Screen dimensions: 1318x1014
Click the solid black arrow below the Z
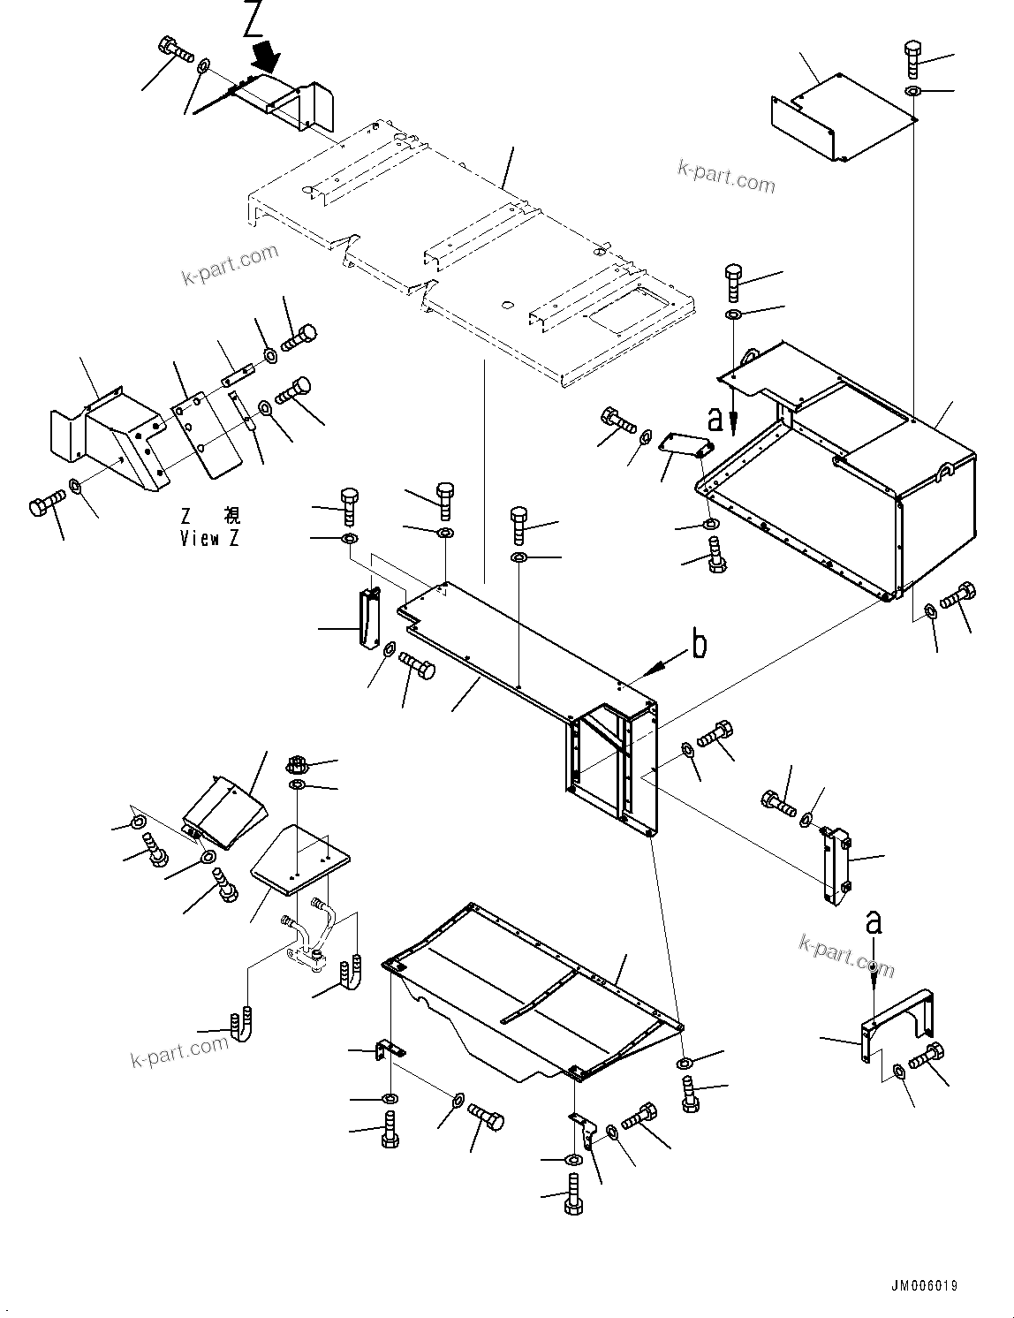click(x=265, y=57)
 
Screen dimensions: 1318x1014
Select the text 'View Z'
click(x=209, y=538)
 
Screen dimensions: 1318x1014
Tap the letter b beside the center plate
click(x=699, y=645)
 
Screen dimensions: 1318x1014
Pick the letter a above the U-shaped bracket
click(x=873, y=922)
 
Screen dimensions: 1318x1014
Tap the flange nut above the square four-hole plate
click(x=297, y=764)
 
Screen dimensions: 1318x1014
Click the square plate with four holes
click(x=300, y=854)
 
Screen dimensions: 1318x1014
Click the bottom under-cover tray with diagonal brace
click(x=530, y=998)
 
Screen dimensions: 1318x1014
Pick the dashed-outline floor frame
click(x=468, y=256)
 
